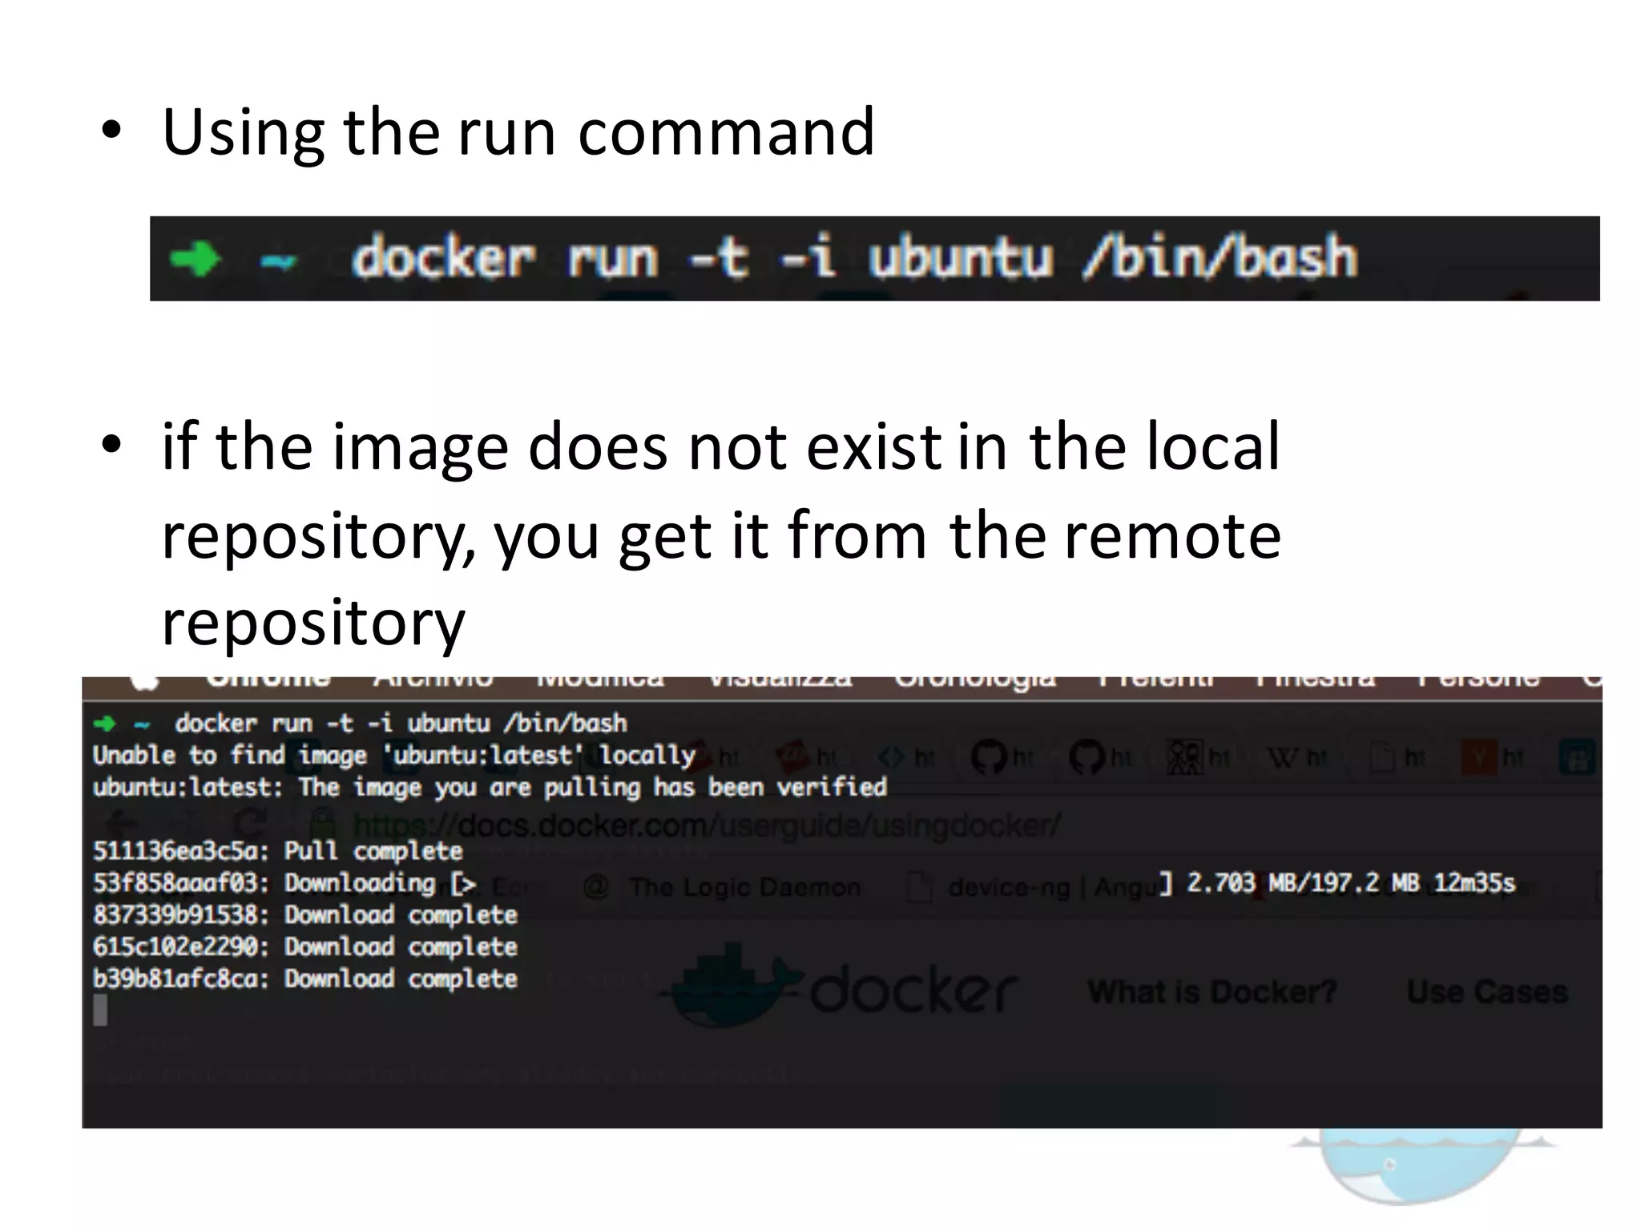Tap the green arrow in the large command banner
click(x=195, y=259)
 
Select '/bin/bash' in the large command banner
click(x=1219, y=258)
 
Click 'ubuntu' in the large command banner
click(x=960, y=258)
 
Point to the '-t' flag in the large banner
click(x=720, y=258)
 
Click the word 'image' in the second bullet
click(x=421, y=447)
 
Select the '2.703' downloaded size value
click(x=1220, y=883)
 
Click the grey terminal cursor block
click(x=100, y=1010)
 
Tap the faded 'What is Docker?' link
click(x=1212, y=992)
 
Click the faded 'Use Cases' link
click(x=1487, y=992)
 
